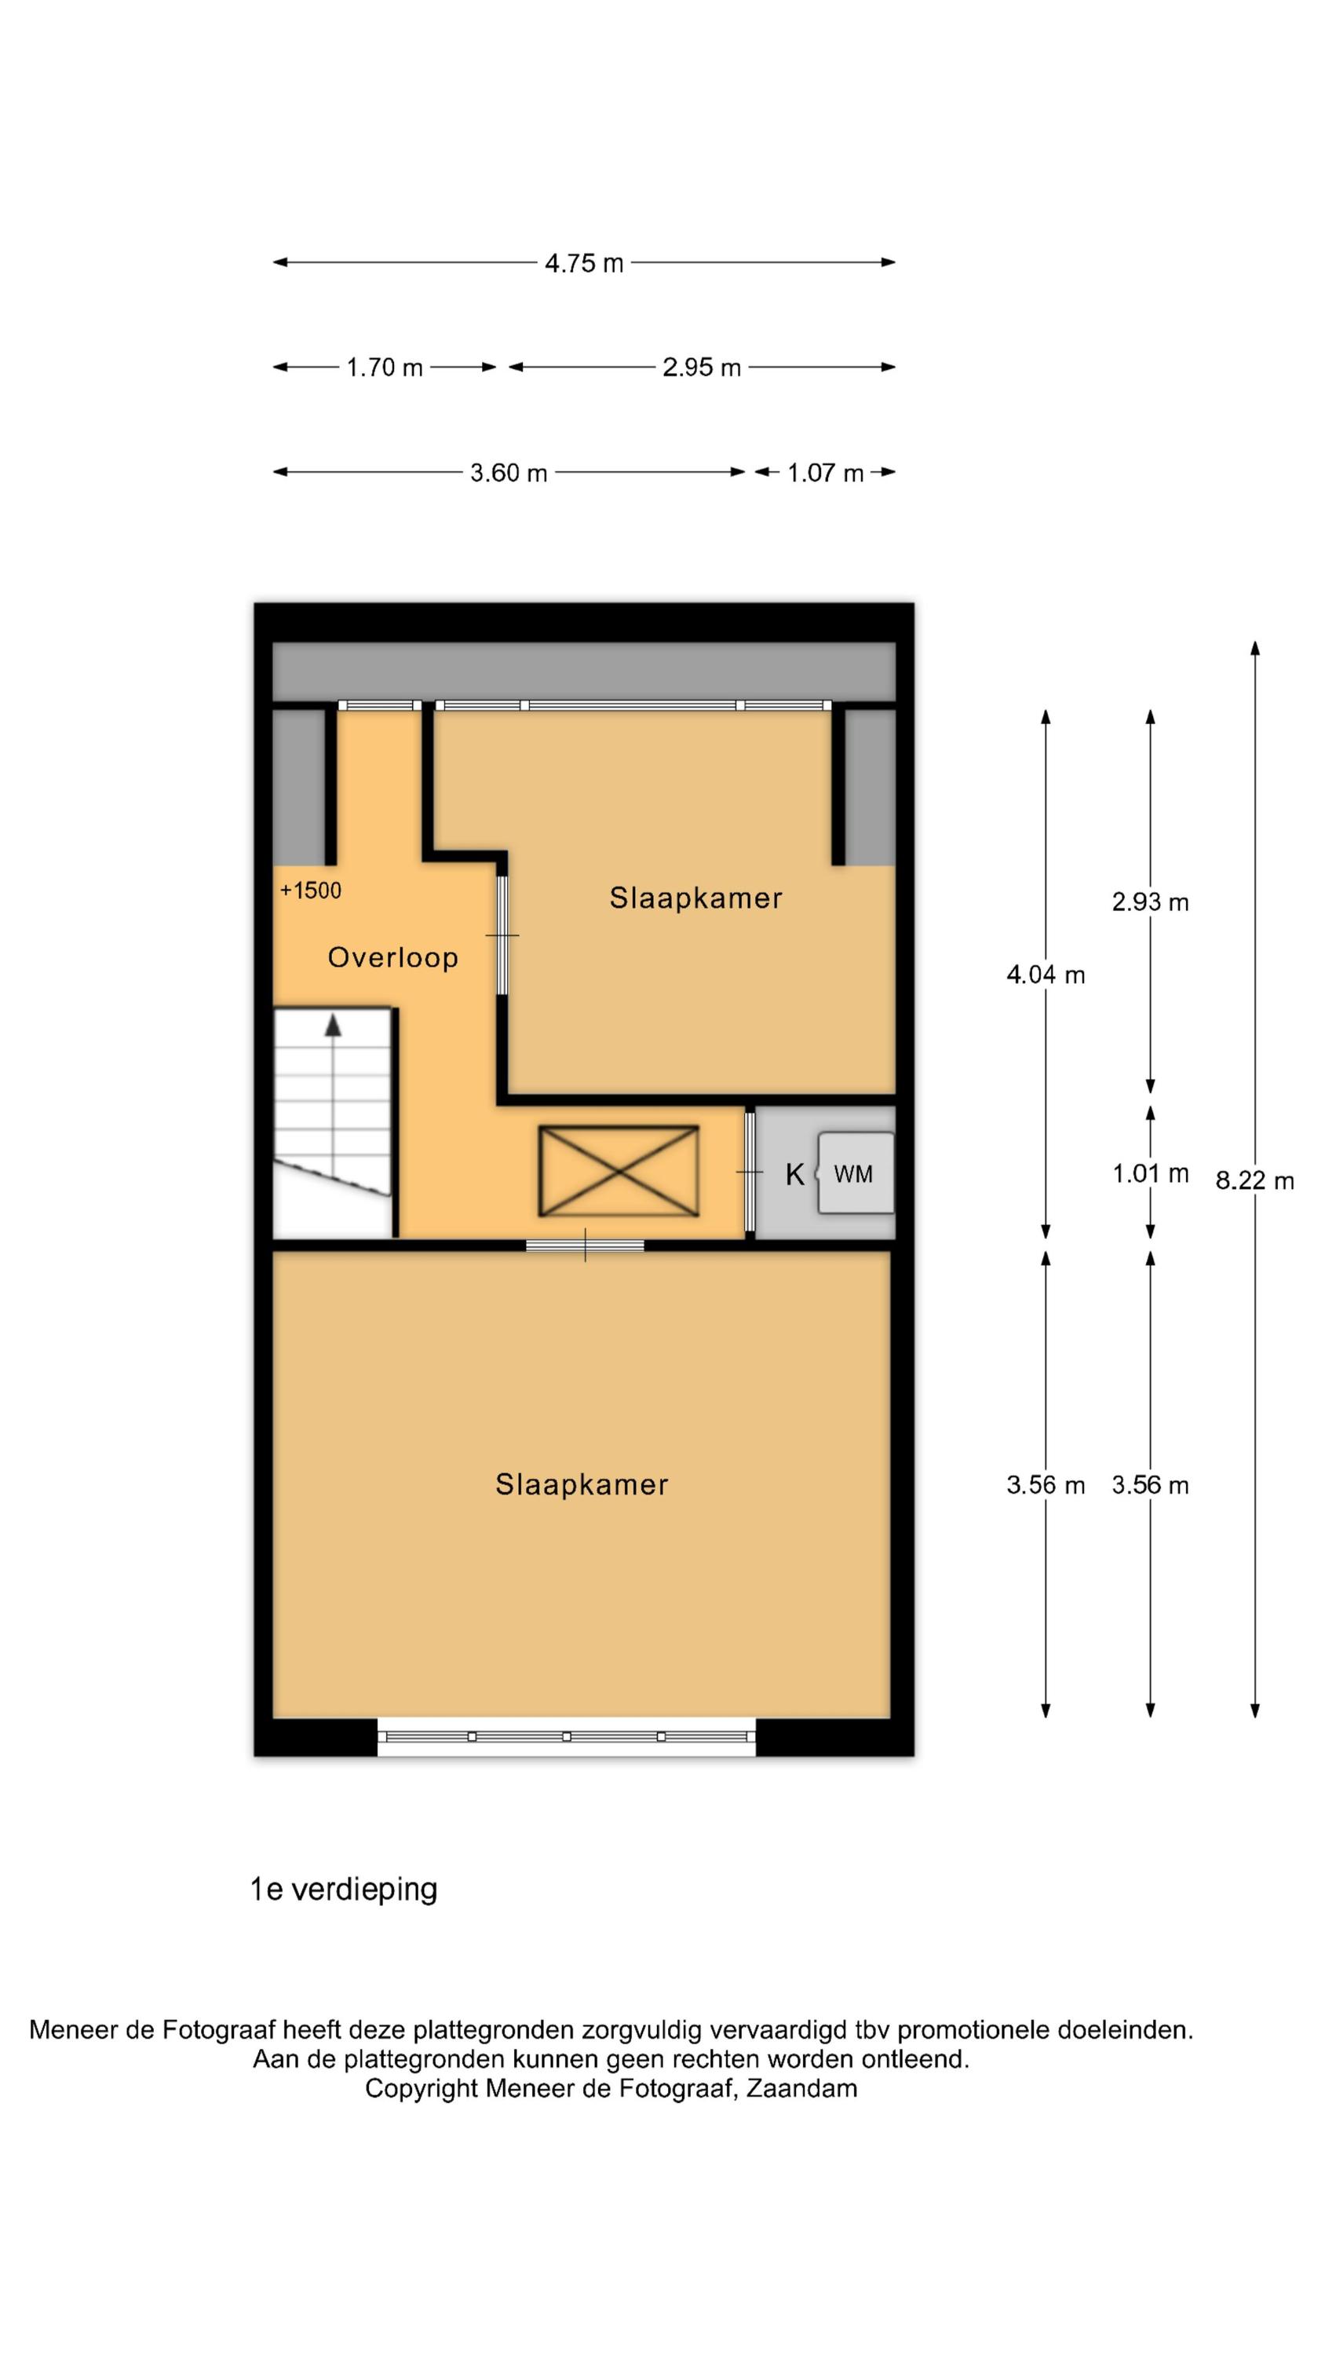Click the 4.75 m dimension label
pyautogui.click(x=583, y=263)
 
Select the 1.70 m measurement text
pyautogui.click(x=384, y=368)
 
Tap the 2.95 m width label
pyautogui.click(x=702, y=368)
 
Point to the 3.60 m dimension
pyautogui.click(x=509, y=473)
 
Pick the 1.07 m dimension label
pyautogui.click(x=825, y=473)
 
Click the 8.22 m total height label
pyautogui.click(x=1254, y=1180)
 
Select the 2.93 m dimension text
pyautogui.click(x=1150, y=902)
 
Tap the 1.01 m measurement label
pyautogui.click(x=1150, y=1173)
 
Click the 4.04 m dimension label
pyautogui.click(x=1046, y=975)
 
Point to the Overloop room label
pyautogui.click(x=393, y=957)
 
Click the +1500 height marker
pyautogui.click(x=311, y=891)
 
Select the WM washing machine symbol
pyautogui.click(x=856, y=1173)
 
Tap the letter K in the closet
pyautogui.click(x=794, y=1174)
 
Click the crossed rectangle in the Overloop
pyautogui.click(x=619, y=1171)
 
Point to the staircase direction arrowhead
pyautogui.click(x=334, y=1026)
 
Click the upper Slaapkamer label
pyautogui.click(x=696, y=898)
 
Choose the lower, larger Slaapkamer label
pyautogui.click(x=582, y=1484)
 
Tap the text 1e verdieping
pyautogui.click(x=344, y=1889)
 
